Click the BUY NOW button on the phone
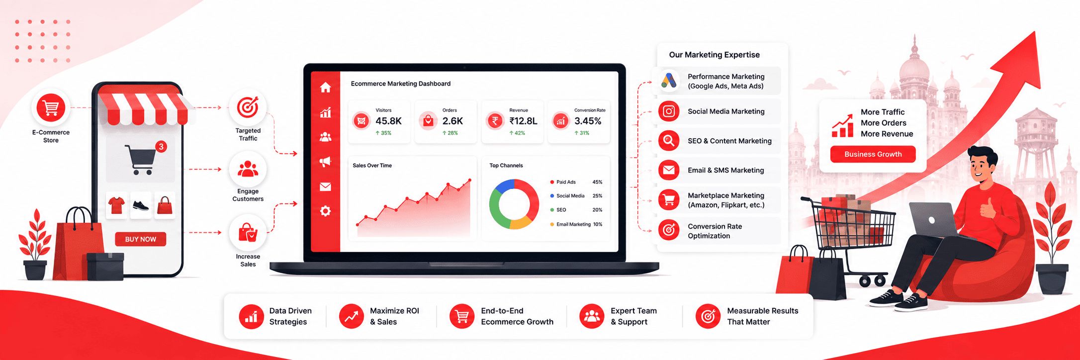point(141,239)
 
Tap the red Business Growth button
point(873,154)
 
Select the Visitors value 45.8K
point(388,121)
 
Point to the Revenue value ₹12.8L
point(523,121)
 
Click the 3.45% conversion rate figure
point(588,121)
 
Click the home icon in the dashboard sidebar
point(325,88)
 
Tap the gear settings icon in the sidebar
point(325,211)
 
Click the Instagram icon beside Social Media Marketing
point(669,111)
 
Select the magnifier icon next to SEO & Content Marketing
point(669,141)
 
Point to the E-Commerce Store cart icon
point(51,107)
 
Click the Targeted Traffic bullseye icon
point(248,107)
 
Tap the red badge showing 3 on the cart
point(161,147)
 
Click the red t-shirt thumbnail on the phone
point(116,205)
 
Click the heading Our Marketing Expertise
point(714,55)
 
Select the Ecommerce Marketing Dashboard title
point(401,84)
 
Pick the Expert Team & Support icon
point(592,316)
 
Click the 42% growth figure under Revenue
point(517,133)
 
